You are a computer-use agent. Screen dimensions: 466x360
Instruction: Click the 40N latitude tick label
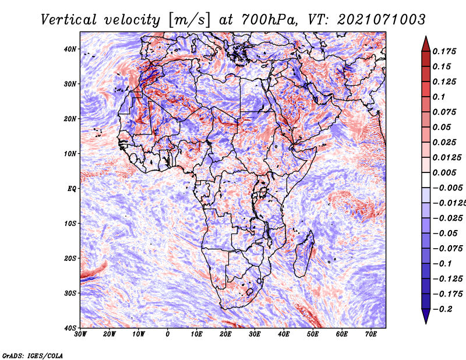70,49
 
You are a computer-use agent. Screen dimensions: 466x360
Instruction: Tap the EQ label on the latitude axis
72,189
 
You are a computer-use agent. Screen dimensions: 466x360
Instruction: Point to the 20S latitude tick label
70,258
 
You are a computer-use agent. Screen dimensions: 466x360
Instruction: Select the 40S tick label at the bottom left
70,328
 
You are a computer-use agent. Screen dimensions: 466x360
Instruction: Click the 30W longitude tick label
80,334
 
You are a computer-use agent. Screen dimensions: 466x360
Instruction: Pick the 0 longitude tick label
168,334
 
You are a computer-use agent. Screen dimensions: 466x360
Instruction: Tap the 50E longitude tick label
313,334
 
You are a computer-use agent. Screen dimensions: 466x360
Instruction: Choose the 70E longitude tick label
371,334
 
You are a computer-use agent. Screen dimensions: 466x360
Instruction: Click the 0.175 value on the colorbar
444,51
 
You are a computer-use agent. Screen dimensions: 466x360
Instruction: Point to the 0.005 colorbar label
444,172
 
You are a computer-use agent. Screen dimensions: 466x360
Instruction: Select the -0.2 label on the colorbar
442,309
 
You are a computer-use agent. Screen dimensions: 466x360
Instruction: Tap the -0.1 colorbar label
442,264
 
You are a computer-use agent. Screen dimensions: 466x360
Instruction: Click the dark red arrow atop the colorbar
426,44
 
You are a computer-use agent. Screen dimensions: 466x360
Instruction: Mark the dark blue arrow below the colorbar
426,316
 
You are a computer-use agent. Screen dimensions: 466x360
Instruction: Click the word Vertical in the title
69,20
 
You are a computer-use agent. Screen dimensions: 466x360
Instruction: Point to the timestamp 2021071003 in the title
382,20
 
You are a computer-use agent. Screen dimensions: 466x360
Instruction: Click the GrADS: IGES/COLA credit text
33,355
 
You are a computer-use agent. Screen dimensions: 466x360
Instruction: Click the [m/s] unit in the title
189,20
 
